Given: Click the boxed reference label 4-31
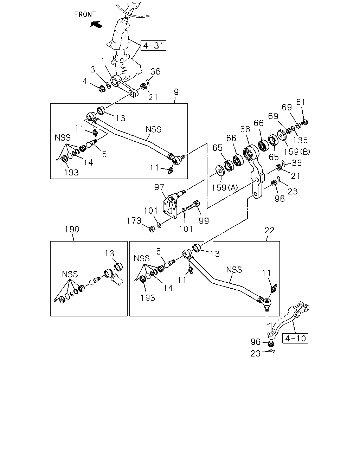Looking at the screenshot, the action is (153, 45).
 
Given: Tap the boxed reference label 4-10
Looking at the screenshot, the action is (295, 338).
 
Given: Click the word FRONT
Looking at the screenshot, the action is (85, 14).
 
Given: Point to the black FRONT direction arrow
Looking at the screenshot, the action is (96, 24).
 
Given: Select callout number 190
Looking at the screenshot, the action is (72, 229).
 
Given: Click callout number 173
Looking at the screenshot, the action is (134, 221).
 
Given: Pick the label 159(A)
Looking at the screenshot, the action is (225, 188).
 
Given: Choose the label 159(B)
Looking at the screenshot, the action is (297, 152).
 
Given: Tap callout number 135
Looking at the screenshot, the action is (300, 140).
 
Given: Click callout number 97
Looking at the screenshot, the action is (159, 187).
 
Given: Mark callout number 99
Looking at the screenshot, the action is (204, 221).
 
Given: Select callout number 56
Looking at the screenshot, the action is (245, 129).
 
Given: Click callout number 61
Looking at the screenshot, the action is (301, 102).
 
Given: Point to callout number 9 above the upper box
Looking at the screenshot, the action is (176, 92).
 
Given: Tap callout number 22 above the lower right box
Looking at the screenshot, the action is (269, 230).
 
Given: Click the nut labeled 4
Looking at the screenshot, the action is (102, 89).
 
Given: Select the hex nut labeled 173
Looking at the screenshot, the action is (152, 229).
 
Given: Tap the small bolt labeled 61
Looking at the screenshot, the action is (305, 122).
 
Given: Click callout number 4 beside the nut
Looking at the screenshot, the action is (85, 81).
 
